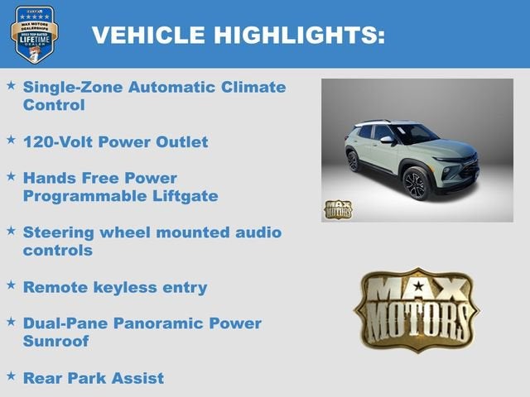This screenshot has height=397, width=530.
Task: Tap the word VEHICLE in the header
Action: [x=147, y=35]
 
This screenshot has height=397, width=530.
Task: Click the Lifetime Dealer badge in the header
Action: [x=34, y=34]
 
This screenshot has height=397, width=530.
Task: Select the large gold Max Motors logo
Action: [x=417, y=309]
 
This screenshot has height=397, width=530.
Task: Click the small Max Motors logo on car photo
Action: [x=337, y=209]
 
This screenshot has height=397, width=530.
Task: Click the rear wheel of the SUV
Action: [x=354, y=160]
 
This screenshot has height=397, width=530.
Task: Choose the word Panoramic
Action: [x=162, y=323]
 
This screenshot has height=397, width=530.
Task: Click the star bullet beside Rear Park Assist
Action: [x=11, y=376]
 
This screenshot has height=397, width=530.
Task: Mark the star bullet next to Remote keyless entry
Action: [x=11, y=285]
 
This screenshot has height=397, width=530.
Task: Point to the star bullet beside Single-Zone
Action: [x=11, y=85]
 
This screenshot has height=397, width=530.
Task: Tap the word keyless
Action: [x=128, y=287]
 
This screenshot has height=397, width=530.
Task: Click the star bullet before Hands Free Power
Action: [x=11, y=176]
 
